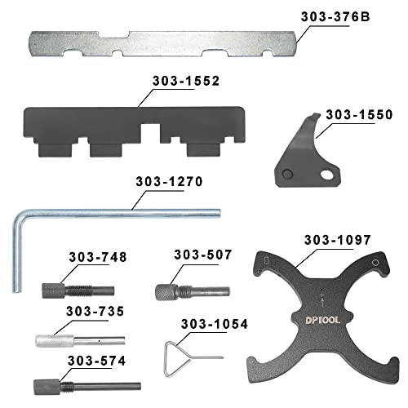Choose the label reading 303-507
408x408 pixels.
pyautogui.click(x=199, y=255)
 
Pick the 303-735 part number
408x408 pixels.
pyautogui.click(x=93, y=312)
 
